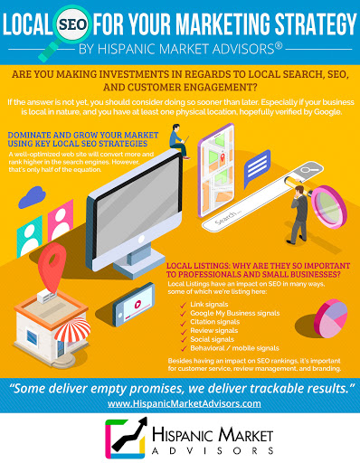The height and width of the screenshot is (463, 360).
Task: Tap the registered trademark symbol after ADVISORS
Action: click(279, 46)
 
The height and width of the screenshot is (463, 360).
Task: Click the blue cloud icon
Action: click(32, 197)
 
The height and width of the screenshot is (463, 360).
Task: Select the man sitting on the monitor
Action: click(179, 141)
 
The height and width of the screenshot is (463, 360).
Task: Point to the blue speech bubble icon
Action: click(256, 167)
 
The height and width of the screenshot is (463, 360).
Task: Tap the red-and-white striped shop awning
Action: click(72, 330)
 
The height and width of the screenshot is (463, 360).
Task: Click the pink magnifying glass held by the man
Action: click(328, 206)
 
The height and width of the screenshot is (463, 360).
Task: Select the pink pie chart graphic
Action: click(330, 318)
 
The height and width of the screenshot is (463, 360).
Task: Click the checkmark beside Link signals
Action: click(183, 305)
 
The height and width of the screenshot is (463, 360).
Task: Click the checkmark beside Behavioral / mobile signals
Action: click(184, 349)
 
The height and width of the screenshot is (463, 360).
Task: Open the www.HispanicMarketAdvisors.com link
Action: click(185, 403)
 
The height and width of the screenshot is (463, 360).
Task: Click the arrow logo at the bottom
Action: click(126, 438)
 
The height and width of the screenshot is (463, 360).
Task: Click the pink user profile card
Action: click(61, 220)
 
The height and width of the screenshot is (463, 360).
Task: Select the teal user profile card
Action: click(29, 237)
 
